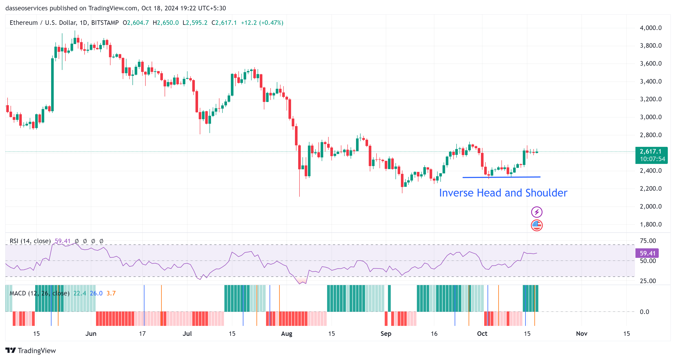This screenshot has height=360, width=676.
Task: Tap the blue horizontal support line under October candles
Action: click(501, 177)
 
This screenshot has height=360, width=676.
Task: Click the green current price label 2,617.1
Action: click(651, 152)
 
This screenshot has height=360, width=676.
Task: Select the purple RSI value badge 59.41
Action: click(647, 253)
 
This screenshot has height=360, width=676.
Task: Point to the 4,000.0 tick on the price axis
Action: click(651, 28)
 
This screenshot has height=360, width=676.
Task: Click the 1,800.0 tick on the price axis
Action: click(651, 224)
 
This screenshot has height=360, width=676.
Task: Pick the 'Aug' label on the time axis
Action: click(287, 333)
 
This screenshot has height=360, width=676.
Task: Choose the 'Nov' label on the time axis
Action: click(581, 333)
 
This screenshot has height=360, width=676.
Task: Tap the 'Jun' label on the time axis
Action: click(91, 333)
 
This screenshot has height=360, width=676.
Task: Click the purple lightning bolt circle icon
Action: click(537, 212)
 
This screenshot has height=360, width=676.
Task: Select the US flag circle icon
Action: click(537, 225)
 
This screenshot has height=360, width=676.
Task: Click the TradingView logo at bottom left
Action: click(31, 350)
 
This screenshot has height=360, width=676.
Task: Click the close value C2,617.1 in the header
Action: click(224, 23)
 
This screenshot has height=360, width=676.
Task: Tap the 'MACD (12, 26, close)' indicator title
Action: click(39, 293)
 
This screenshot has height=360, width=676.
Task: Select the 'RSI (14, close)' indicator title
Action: click(30, 241)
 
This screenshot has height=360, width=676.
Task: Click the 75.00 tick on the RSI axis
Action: click(648, 241)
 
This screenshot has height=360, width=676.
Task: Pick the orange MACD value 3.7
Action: click(111, 293)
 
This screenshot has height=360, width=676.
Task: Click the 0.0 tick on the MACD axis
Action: click(644, 312)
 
